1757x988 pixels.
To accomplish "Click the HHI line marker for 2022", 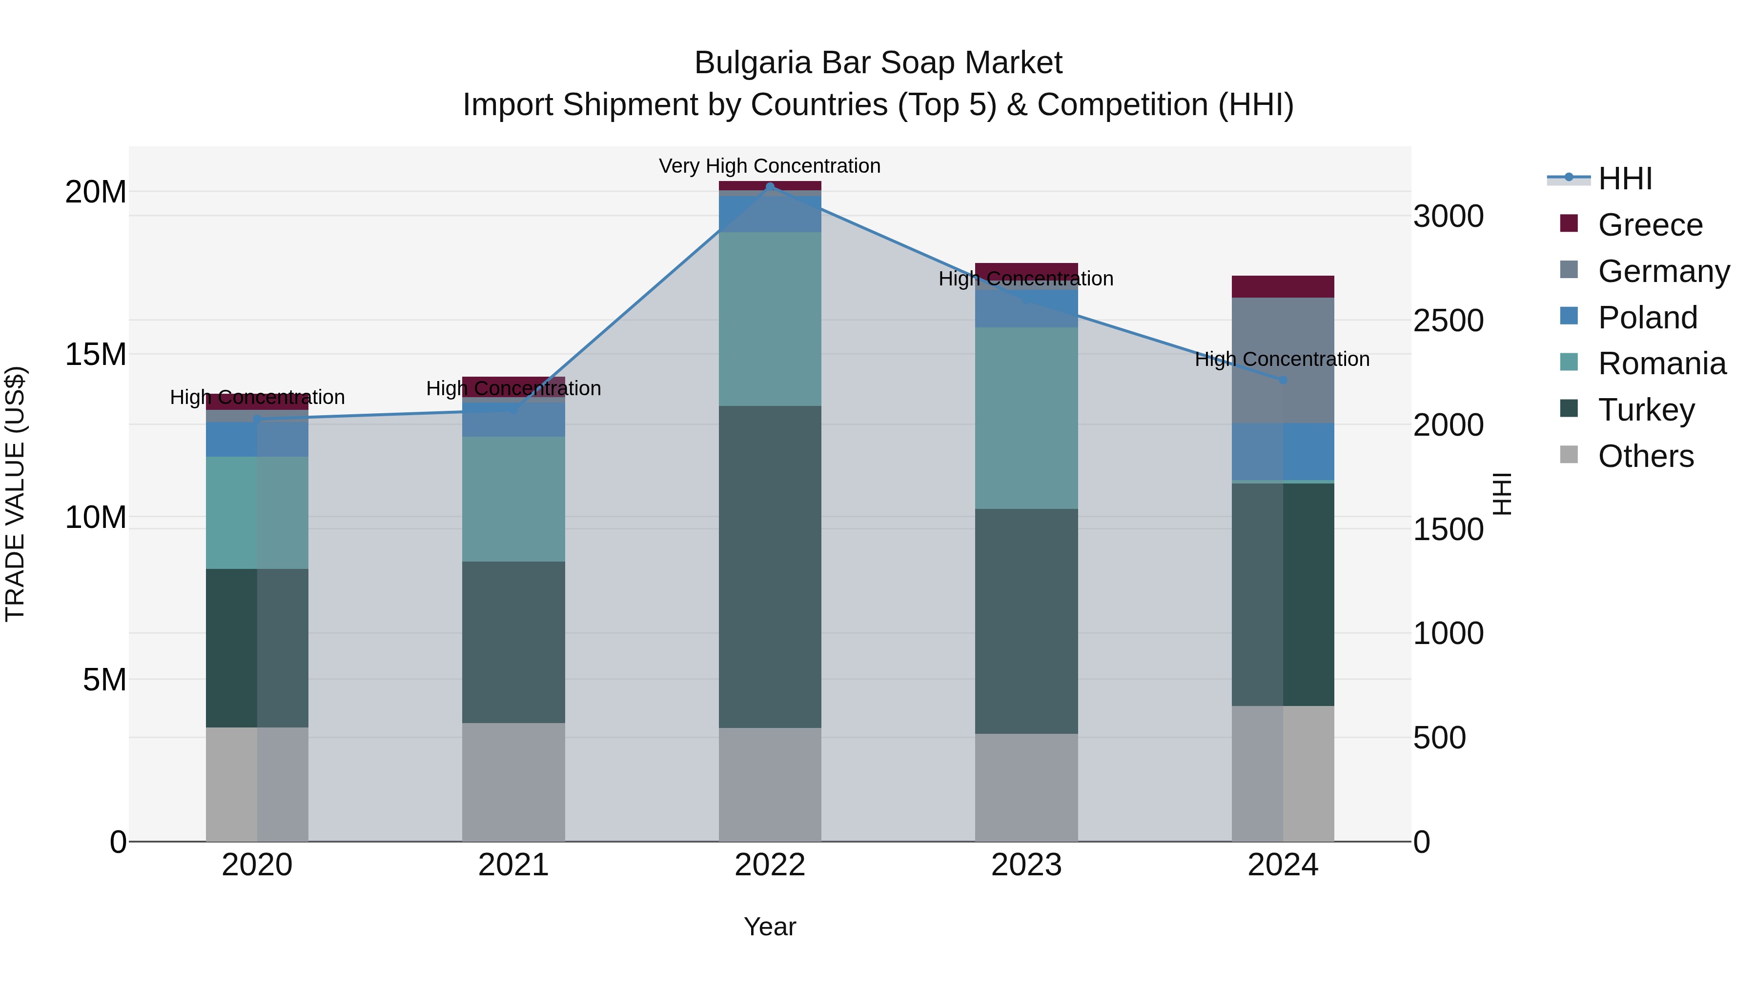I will coord(770,186).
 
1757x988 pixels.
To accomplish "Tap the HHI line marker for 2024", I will coord(1283,380).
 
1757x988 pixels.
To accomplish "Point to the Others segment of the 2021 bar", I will coord(513,782).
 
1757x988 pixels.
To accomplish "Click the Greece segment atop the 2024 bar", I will coord(1283,286).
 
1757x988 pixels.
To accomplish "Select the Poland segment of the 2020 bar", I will coord(257,439).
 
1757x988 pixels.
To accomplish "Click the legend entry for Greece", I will coord(1650,225).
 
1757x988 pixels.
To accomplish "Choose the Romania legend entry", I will coord(1661,363).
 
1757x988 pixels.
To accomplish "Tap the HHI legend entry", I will coord(1625,179).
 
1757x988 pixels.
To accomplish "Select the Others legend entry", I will coord(1645,456).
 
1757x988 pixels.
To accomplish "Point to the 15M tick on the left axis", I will coord(96,354).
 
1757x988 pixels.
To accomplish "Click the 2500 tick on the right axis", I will coord(1448,321).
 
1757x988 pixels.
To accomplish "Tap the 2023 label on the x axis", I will coord(1026,865).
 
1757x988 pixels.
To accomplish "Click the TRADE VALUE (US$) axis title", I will coord(15,494).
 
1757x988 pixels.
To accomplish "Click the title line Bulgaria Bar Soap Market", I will coord(878,63).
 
